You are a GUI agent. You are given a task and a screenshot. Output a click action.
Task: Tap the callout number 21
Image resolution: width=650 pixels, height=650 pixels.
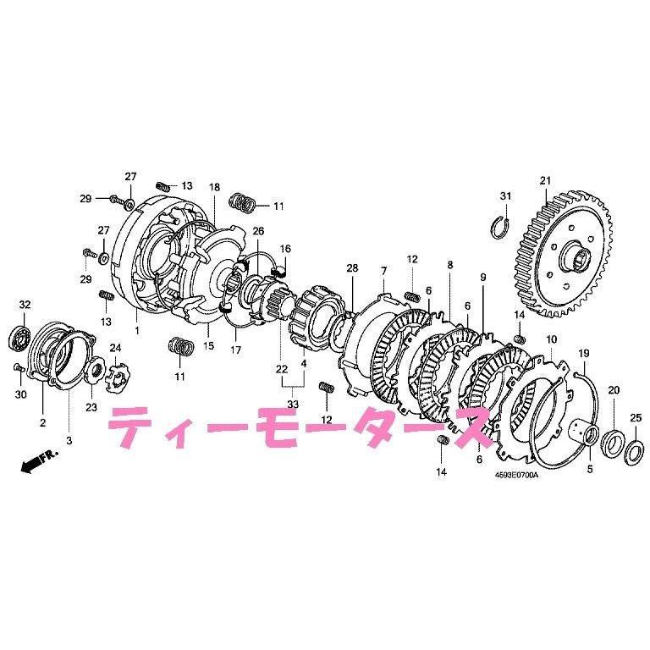click(544, 179)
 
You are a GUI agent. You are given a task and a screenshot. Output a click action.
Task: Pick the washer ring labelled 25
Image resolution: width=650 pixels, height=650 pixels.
click(631, 449)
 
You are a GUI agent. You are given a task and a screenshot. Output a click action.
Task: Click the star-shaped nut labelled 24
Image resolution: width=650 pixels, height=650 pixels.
click(115, 374)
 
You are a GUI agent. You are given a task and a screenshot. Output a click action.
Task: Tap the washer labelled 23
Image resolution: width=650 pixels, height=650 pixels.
click(93, 370)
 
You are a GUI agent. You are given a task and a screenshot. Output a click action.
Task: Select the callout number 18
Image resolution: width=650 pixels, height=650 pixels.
click(214, 186)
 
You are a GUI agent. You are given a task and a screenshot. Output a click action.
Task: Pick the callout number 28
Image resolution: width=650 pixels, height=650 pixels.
click(351, 268)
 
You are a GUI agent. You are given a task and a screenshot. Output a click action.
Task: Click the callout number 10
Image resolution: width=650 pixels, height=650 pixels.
click(551, 339)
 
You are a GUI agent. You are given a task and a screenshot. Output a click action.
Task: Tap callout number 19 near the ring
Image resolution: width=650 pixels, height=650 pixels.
click(583, 353)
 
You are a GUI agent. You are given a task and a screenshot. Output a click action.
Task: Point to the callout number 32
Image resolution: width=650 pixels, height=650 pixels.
click(25, 305)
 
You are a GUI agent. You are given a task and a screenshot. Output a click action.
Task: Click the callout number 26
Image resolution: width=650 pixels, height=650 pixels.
click(258, 230)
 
